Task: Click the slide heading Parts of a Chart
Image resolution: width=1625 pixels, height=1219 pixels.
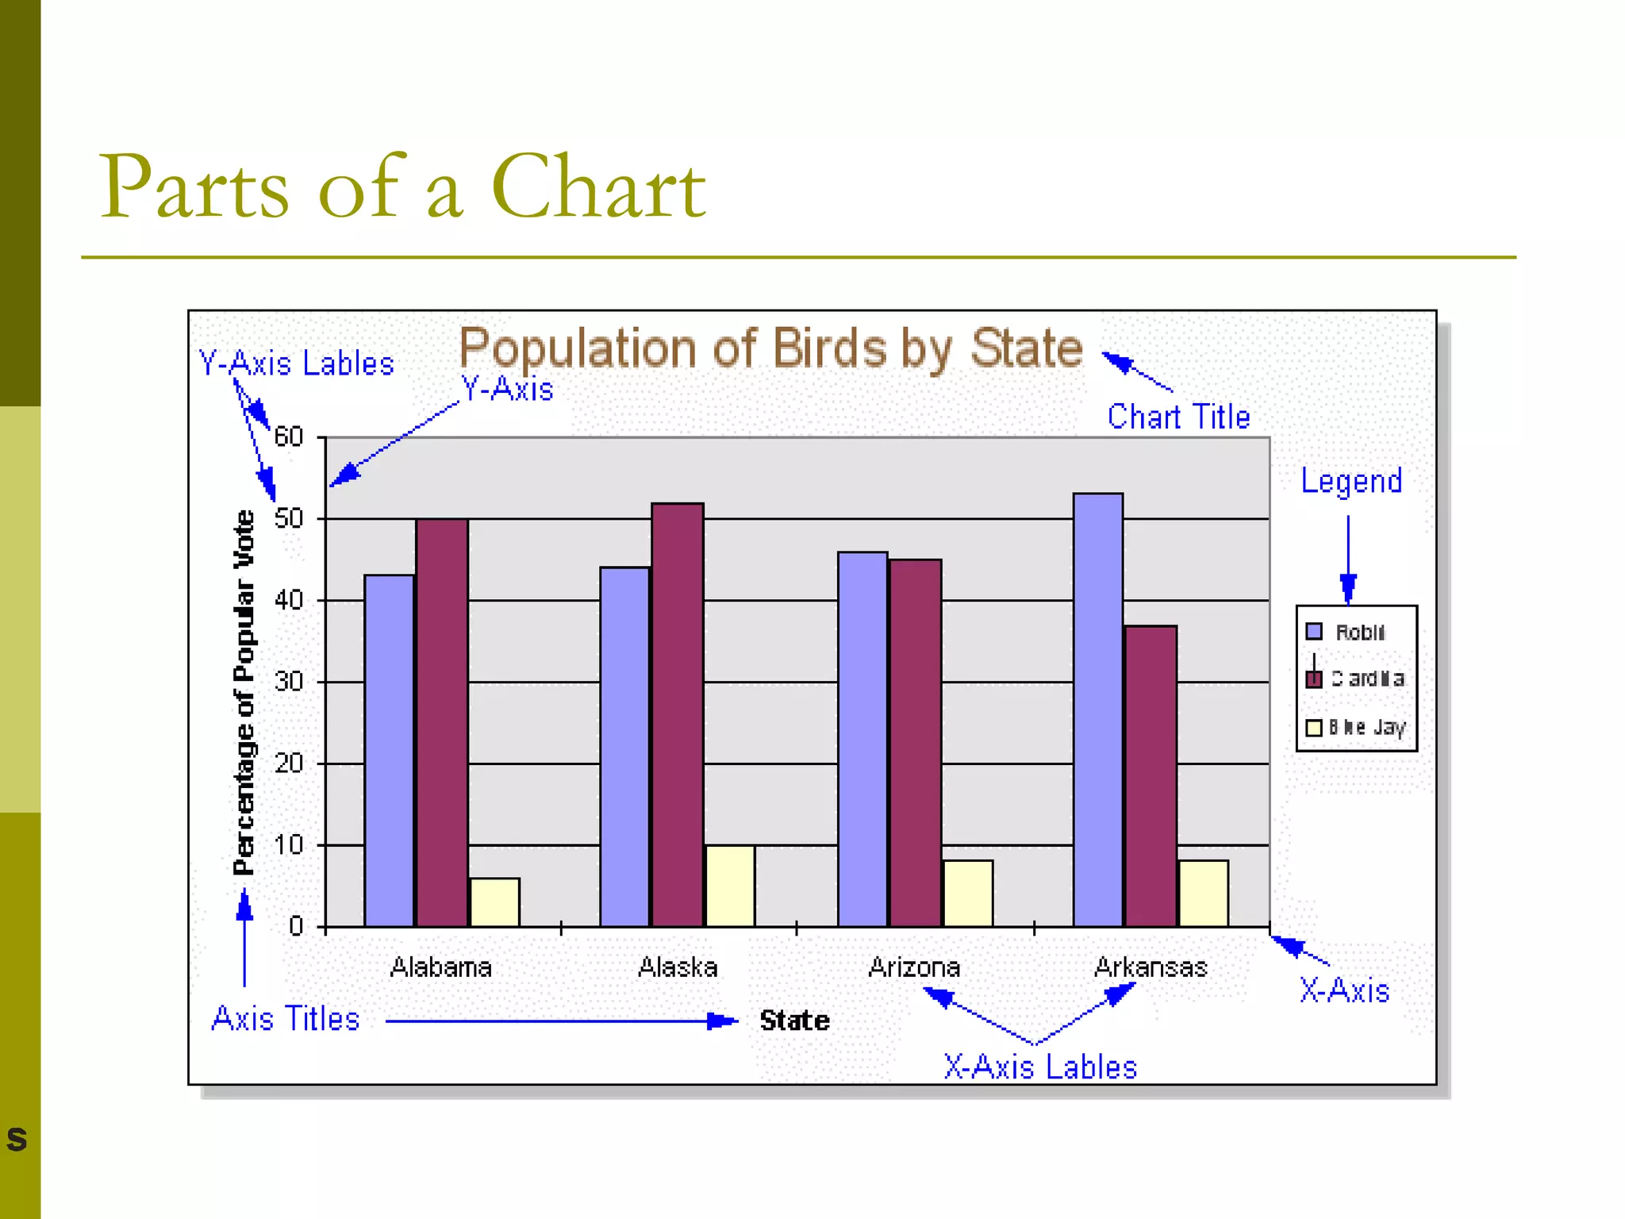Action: point(401,187)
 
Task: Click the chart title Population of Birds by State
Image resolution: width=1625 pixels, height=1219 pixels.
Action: point(770,348)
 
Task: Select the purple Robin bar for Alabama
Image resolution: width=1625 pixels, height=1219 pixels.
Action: point(389,750)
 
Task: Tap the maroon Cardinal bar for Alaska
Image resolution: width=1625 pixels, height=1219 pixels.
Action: point(677,714)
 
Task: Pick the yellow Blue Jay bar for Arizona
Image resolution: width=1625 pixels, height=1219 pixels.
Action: point(967,893)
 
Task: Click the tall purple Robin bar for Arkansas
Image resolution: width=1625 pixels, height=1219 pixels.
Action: point(1097,710)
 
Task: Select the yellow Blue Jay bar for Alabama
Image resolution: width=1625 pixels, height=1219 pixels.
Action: point(495,902)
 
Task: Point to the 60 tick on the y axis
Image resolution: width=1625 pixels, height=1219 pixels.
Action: point(289,437)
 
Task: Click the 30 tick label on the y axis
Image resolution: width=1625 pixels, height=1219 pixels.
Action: point(289,682)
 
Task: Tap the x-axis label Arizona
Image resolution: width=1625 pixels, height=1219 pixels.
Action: point(914,967)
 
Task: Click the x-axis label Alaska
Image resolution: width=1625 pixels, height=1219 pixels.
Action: point(678,967)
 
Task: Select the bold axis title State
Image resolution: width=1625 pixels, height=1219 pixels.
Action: point(794,1021)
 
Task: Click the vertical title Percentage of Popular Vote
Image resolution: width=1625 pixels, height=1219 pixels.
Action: point(244,692)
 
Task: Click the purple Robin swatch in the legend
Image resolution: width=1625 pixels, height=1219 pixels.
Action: point(1314,632)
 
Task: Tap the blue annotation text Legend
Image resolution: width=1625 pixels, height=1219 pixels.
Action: point(1351,481)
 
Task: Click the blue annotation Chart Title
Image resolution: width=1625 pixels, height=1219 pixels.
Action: point(1178,417)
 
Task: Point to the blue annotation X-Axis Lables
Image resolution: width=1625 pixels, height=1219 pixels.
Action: point(1040,1067)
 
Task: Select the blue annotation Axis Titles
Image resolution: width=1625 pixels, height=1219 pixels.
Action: point(286,1019)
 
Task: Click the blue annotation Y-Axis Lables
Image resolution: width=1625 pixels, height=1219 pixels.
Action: point(296,363)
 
